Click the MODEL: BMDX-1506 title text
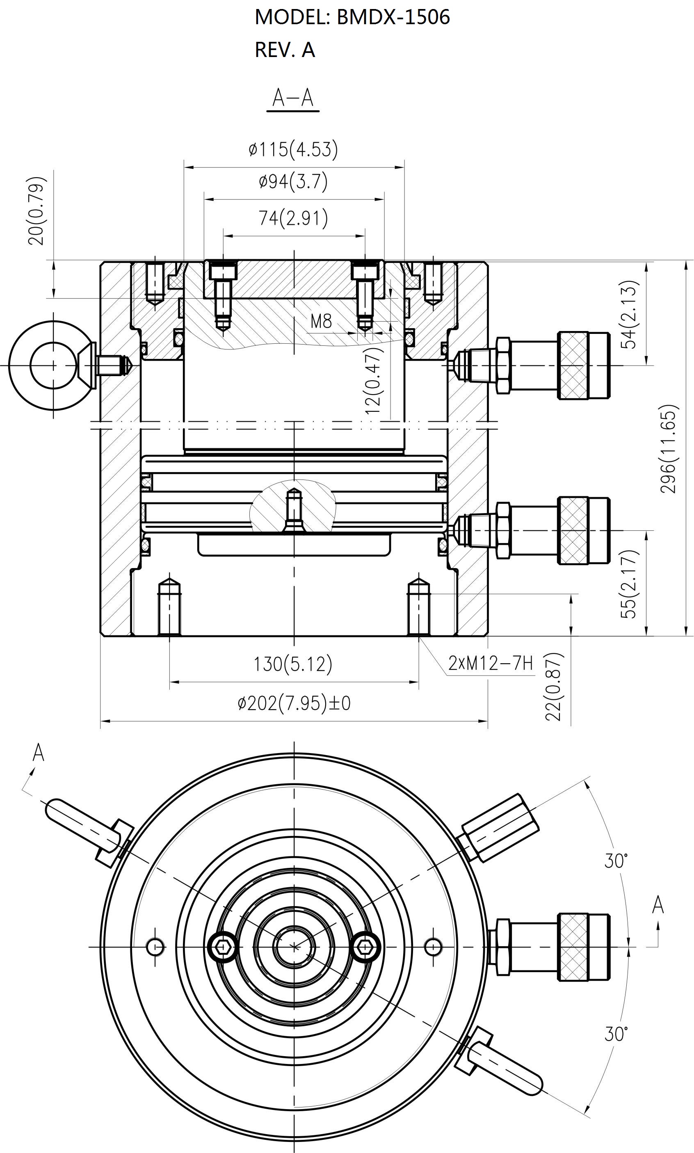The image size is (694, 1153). (x=352, y=17)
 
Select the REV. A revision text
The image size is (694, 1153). (x=285, y=50)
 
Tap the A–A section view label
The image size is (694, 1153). (x=293, y=98)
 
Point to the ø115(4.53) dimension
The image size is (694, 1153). (x=293, y=150)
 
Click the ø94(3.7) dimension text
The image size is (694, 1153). (x=293, y=181)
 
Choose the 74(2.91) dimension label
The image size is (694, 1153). (x=293, y=218)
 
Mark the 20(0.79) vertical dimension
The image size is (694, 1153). (x=37, y=211)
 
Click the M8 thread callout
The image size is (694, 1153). (x=321, y=321)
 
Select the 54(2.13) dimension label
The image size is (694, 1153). (x=629, y=314)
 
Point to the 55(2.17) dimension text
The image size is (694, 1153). (x=629, y=584)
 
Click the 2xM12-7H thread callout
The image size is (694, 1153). (x=491, y=663)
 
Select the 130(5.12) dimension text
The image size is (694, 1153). (x=293, y=664)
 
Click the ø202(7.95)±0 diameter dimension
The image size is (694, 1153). (x=294, y=703)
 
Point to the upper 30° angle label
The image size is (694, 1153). (x=616, y=861)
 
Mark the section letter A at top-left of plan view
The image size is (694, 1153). (x=38, y=753)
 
